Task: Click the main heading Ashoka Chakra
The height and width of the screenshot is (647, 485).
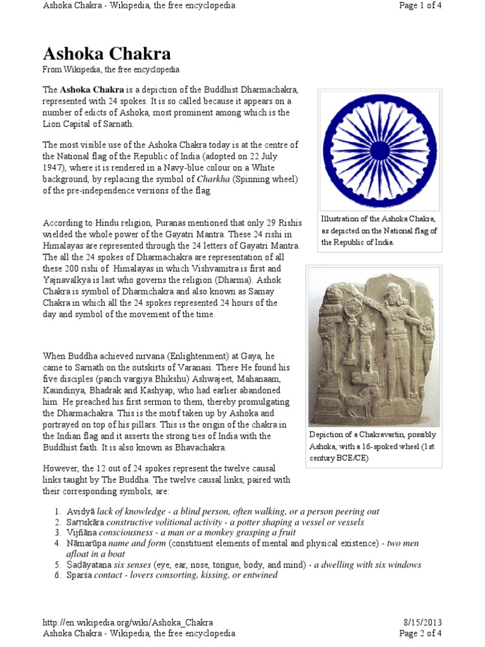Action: tap(107, 54)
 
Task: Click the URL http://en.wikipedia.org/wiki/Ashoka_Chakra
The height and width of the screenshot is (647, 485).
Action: tap(128, 622)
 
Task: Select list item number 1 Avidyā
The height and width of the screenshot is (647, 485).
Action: tap(86, 511)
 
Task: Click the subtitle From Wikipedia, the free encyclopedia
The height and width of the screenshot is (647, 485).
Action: tap(111, 70)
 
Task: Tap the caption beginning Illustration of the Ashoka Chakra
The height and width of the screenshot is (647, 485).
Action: tap(379, 231)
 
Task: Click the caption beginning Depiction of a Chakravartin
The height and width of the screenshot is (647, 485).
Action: tap(373, 446)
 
